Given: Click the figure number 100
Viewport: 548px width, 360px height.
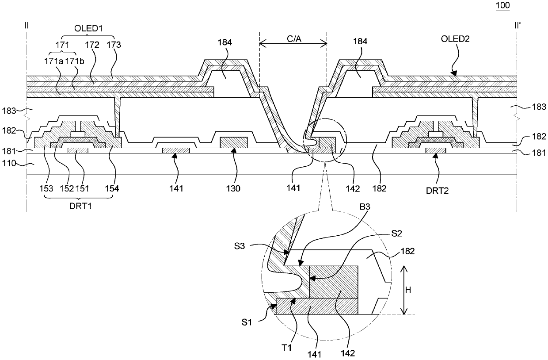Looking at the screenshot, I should (503, 6).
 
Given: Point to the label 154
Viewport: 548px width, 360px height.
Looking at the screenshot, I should (112, 188).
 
